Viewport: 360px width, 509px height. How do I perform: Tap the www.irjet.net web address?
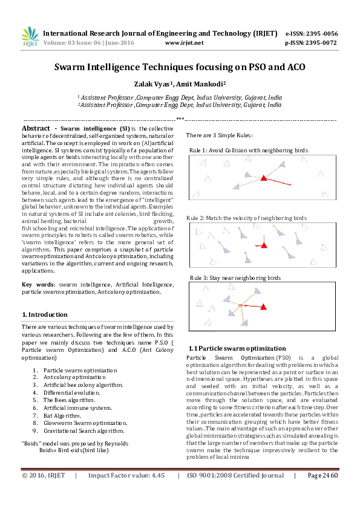184,43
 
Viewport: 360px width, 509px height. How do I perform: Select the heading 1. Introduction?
44,315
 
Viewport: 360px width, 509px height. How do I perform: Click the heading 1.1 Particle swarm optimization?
237,349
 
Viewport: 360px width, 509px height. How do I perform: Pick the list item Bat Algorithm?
62,415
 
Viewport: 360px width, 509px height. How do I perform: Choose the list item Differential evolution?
70,392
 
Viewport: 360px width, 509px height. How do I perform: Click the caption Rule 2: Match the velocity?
244,217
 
